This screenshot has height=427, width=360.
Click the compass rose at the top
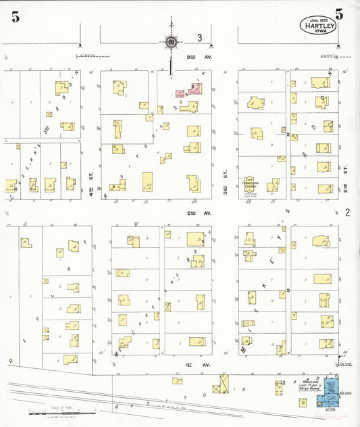(x=172, y=43)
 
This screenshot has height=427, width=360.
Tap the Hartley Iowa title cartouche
(x=319, y=27)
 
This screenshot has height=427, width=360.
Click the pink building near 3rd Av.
(x=180, y=94)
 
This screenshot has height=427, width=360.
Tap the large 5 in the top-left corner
(x=15, y=18)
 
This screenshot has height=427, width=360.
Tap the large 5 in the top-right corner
(x=338, y=14)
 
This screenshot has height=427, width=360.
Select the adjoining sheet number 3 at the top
(x=200, y=38)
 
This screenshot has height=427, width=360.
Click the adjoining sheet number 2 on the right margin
(x=348, y=213)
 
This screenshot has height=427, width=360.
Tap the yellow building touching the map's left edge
(x=10, y=185)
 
